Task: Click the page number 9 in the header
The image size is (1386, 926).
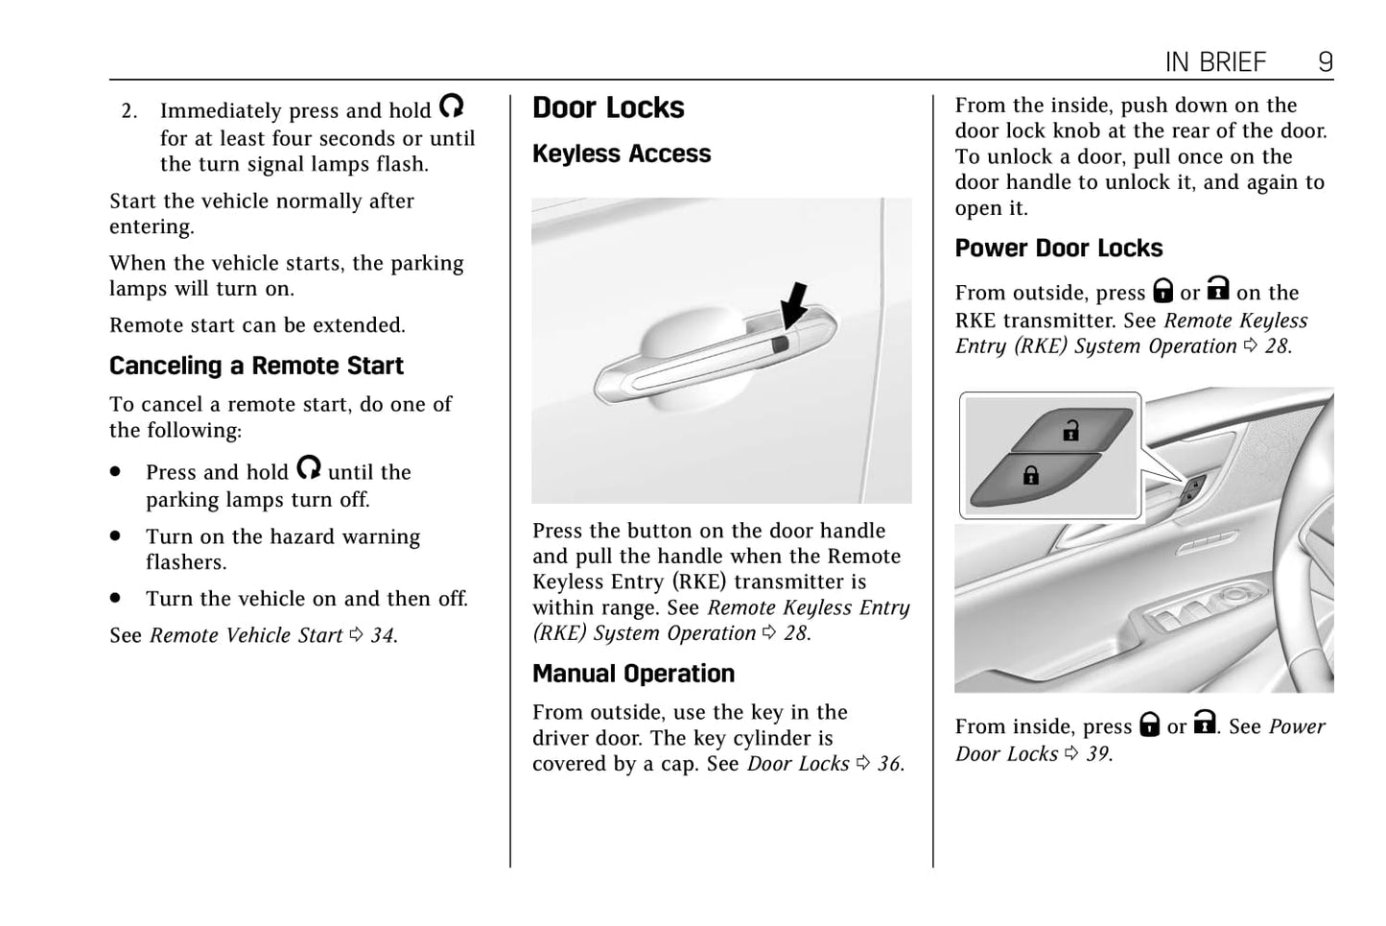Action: click(x=1325, y=62)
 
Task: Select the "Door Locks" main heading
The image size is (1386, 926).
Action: click(x=608, y=108)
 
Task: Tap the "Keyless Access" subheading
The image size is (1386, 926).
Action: click(x=622, y=154)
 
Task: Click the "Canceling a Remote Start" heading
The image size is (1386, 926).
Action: click(x=256, y=367)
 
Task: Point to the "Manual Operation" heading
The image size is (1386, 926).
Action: click(x=633, y=675)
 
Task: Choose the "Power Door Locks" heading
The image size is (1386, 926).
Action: click(x=1058, y=249)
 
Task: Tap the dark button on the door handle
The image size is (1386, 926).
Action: click(x=780, y=342)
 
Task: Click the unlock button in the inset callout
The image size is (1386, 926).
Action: click(x=1070, y=431)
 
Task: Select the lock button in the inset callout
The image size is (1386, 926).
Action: click(x=1030, y=474)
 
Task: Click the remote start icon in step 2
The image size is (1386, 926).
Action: click(x=451, y=107)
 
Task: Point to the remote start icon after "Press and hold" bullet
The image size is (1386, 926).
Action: click(x=308, y=468)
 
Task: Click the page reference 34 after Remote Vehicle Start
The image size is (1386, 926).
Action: click(x=382, y=636)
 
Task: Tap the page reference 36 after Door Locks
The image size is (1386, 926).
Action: click(x=889, y=765)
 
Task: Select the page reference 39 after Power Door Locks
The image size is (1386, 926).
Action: click(x=1097, y=754)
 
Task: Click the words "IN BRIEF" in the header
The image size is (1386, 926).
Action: click(x=1215, y=62)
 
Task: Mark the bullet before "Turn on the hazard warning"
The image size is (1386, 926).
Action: click(x=116, y=536)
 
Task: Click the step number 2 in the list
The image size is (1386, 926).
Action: click(x=129, y=111)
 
